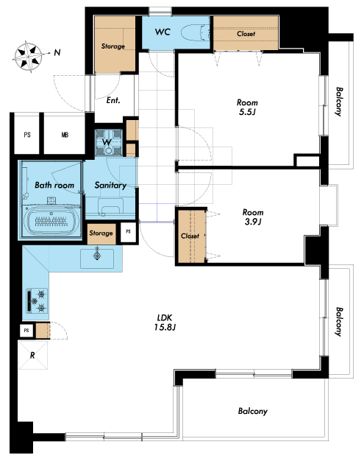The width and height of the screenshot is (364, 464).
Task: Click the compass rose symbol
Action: [x=29, y=57]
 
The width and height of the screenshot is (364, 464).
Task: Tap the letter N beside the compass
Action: [x=57, y=53]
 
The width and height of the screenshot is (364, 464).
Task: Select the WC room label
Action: [x=163, y=32]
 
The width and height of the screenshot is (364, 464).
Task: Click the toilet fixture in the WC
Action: [x=196, y=33]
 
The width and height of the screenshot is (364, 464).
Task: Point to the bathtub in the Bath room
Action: [x=51, y=221]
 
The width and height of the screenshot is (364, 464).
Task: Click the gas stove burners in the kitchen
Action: [x=37, y=300]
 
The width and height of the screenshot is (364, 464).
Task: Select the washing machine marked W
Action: [x=108, y=143]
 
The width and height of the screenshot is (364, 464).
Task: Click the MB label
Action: [x=65, y=135]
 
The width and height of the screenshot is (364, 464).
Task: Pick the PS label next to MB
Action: [x=27, y=135]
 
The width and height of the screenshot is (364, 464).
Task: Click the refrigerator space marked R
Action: [x=33, y=355]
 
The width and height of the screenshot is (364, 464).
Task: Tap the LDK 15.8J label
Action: [x=165, y=323]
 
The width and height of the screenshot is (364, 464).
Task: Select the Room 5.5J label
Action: [x=247, y=107]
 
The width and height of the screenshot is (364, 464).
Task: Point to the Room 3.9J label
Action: [x=253, y=217]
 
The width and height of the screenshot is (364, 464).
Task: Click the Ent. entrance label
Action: [x=113, y=100]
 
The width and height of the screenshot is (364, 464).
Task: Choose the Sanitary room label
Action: [x=110, y=186]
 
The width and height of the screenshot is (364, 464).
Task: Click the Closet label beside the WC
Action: [x=246, y=34]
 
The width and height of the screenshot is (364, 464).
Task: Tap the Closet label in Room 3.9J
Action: [x=190, y=236]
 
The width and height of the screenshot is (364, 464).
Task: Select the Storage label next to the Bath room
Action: [x=101, y=233]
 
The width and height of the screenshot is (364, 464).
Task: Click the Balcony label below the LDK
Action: [x=253, y=411]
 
